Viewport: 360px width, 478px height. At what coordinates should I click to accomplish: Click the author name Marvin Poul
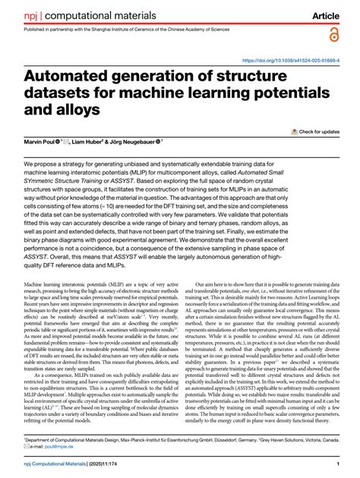(44, 142)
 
